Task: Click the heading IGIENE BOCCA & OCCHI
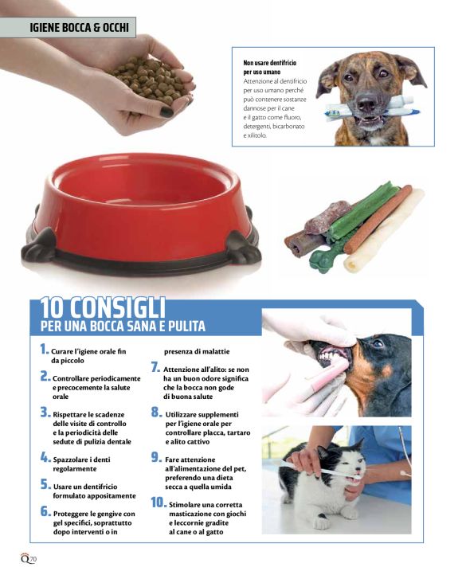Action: (x=79, y=28)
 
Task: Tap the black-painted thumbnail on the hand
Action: (x=166, y=111)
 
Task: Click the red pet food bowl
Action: (x=141, y=213)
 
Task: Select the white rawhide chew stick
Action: (x=383, y=231)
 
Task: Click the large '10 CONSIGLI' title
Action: (x=102, y=307)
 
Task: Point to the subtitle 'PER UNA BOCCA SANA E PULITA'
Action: (x=123, y=326)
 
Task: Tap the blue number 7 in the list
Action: (x=156, y=367)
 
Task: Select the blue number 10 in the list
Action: (x=159, y=503)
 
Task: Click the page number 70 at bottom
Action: (x=33, y=559)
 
